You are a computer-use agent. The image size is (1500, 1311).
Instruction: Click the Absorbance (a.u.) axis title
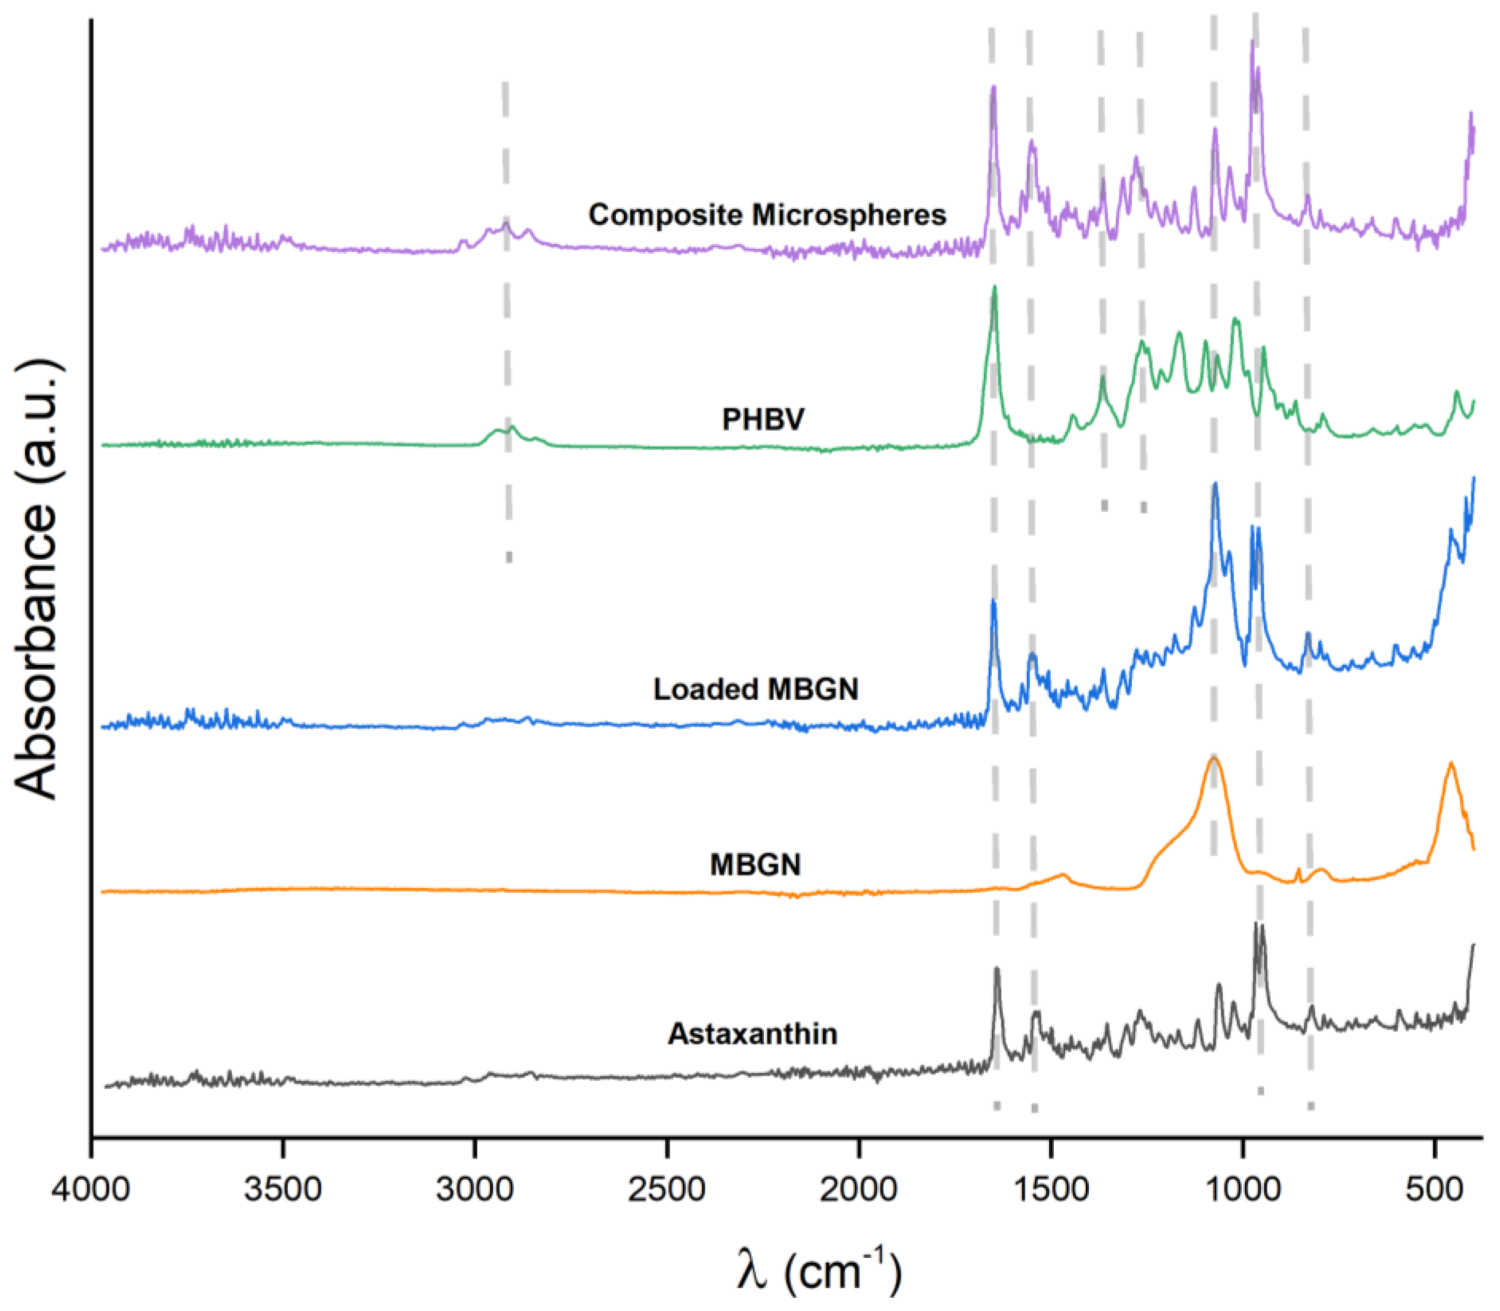(37, 578)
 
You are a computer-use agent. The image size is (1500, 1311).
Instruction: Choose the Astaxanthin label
(753, 1034)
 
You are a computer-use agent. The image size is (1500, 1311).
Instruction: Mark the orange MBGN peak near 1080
(1214, 759)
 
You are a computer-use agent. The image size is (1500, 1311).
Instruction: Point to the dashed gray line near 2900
(506, 322)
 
